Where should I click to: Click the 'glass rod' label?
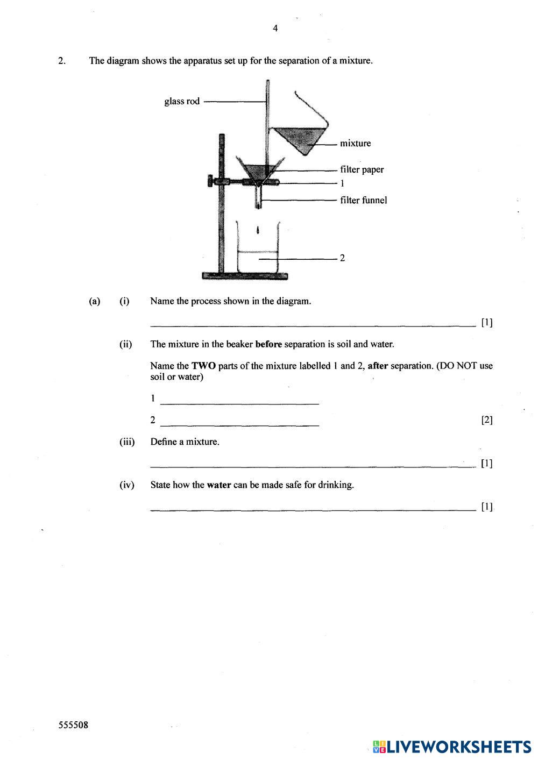(x=182, y=101)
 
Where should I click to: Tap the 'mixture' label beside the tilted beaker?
(x=355, y=144)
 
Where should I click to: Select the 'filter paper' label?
(x=362, y=170)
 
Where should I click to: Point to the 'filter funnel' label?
(x=363, y=201)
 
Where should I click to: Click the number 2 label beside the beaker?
(x=342, y=258)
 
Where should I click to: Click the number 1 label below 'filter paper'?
(x=342, y=183)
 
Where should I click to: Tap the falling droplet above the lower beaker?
(x=259, y=230)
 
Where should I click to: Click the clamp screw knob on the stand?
(x=209, y=181)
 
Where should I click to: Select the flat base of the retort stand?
(x=245, y=276)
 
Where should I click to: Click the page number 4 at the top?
(x=275, y=29)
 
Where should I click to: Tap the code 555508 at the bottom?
(x=73, y=725)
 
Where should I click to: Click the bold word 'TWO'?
(x=204, y=366)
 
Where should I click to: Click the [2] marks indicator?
(x=486, y=420)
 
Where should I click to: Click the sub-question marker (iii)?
(x=126, y=442)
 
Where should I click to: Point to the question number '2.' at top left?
(x=62, y=61)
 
